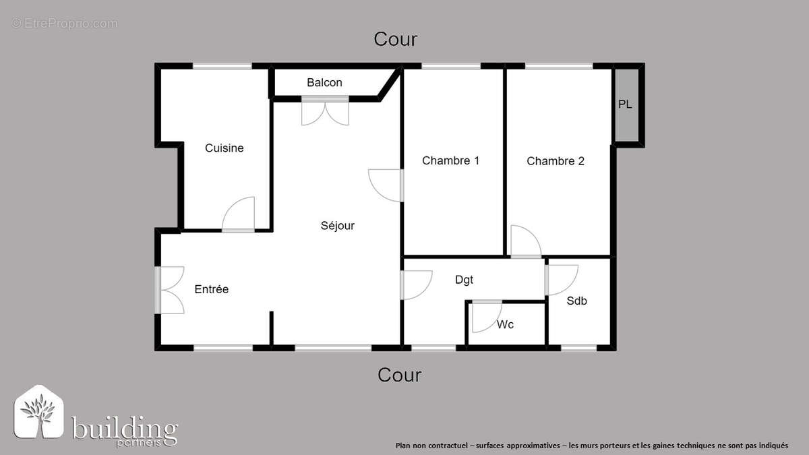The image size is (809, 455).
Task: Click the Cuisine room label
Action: [224, 148]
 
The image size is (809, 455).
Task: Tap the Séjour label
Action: [337, 226]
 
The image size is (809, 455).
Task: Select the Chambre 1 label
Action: [450, 161]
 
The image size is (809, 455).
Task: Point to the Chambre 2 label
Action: [555, 161]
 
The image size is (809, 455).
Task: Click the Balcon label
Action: [324, 83]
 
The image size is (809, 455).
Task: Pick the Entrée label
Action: [211, 289]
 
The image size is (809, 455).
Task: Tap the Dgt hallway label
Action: [464, 280]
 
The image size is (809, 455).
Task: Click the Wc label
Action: [505, 325]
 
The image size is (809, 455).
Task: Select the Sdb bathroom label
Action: [576, 301]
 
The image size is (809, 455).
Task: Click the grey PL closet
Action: [626, 104]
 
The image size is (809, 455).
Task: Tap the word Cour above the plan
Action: [396, 39]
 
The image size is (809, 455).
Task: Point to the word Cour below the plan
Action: [399, 375]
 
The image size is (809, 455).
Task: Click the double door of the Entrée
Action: [171, 290]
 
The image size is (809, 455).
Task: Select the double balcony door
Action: [325, 112]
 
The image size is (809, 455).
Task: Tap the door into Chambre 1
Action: [386, 185]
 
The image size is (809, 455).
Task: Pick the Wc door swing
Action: [485, 317]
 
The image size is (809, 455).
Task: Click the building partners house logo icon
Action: [39, 413]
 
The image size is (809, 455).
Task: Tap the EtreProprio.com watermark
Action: [64, 24]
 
